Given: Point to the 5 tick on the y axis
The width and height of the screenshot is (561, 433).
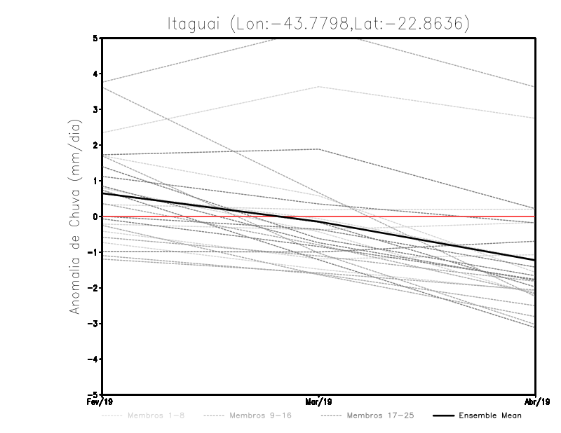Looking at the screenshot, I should pos(96,39).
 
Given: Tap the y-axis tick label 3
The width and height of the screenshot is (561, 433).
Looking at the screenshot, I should pos(96,109).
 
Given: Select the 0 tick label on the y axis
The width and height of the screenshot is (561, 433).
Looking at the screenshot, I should pos(96,216).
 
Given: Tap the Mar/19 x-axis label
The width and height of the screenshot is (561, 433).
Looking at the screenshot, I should pos(319,402).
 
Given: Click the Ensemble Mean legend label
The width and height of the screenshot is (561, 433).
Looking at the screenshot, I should pos(489,415).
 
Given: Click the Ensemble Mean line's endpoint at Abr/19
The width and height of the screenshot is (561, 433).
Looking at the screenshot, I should pos(535,260).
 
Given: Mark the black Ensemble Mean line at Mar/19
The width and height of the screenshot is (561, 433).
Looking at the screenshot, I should pos(319,221).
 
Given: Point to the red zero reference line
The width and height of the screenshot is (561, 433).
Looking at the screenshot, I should pos(421,216).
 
